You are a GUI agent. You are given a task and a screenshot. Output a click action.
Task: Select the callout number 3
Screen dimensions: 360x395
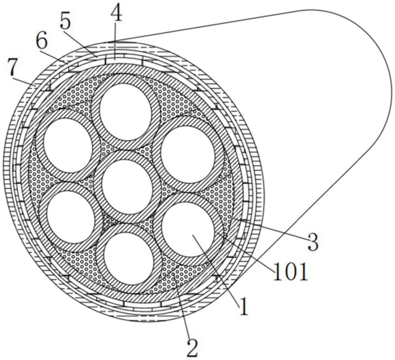(313, 242)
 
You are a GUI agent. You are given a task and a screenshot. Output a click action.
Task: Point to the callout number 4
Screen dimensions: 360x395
(116, 14)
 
